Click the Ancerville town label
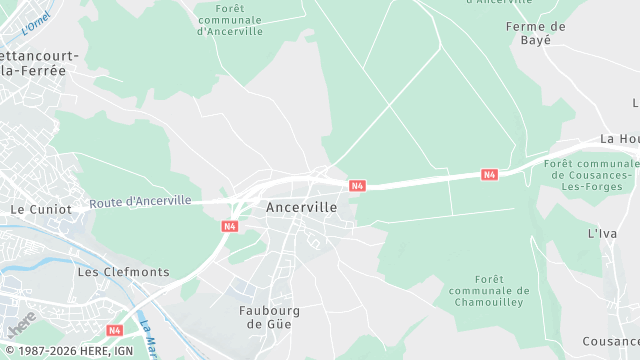click(x=301, y=207)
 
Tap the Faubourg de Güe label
click(x=270, y=317)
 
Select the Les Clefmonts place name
click(x=123, y=272)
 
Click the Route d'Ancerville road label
click(x=140, y=201)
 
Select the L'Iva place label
click(x=602, y=233)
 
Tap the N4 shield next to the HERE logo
click(x=115, y=330)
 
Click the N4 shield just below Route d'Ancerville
click(x=230, y=226)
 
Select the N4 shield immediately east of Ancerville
click(x=357, y=185)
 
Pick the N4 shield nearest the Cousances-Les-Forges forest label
click(x=489, y=175)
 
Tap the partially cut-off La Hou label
click(x=620, y=139)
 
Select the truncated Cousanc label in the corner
click(x=612, y=342)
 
